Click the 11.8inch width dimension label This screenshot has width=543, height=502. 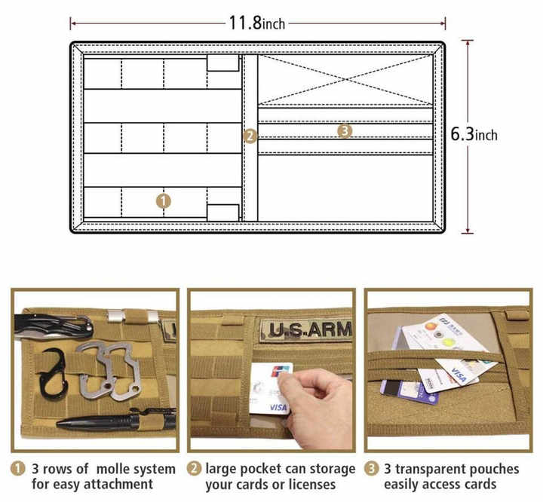257,23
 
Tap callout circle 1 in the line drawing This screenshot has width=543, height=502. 164,200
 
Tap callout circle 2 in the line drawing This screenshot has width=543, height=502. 250,136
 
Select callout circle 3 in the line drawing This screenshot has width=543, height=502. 345,131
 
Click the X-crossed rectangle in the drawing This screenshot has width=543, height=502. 345,79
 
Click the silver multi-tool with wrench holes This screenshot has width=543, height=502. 110,369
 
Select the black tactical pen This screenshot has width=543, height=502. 113,419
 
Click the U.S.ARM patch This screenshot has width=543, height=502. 307,330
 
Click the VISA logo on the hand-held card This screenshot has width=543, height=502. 278,407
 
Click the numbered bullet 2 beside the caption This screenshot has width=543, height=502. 195,468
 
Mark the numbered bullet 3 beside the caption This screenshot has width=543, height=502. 371,468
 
